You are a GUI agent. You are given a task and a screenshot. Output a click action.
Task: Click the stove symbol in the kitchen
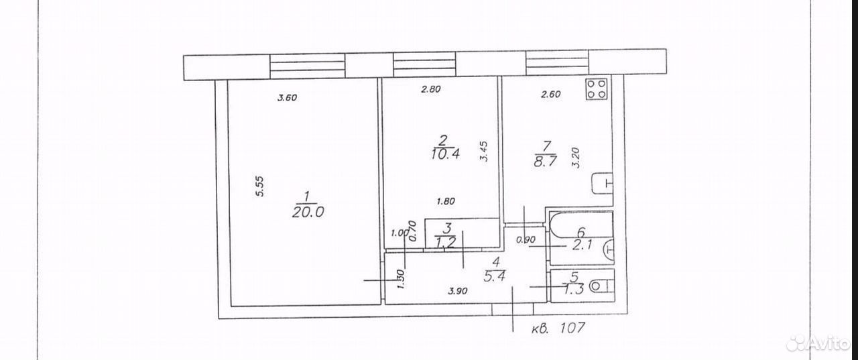[x=597, y=89]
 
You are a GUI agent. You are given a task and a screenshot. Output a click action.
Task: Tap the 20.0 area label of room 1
[x=308, y=211]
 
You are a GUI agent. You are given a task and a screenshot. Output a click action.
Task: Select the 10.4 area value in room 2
[x=444, y=154]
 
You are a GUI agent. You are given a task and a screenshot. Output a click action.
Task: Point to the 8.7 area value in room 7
[x=545, y=161]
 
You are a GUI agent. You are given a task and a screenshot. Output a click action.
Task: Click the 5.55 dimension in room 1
[x=259, y=186]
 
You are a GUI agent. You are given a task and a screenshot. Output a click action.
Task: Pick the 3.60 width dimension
[x=288, y=98]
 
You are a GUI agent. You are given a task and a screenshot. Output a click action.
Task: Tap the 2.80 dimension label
[x=431, y=89]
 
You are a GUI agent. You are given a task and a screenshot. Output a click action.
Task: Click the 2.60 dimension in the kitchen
[x=551, y=95]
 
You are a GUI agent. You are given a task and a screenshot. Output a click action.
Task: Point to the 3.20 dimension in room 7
[x=575, y=158]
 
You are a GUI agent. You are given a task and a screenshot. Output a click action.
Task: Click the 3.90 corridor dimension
[x=458, y=291]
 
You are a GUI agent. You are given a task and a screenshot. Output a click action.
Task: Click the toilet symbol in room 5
[x=602, y=286]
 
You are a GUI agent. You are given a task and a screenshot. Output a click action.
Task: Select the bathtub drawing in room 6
[x=581, y=225]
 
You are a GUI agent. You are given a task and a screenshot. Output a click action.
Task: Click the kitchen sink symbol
[x=603, y=184]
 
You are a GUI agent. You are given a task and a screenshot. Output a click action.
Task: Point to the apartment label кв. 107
[x=558, y=328]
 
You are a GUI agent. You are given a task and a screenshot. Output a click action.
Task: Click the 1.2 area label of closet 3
[x=445, y=243]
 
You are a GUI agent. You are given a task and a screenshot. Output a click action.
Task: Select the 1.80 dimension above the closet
[x=446, y=201]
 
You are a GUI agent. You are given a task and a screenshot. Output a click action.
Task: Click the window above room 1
[x=308, y=66]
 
